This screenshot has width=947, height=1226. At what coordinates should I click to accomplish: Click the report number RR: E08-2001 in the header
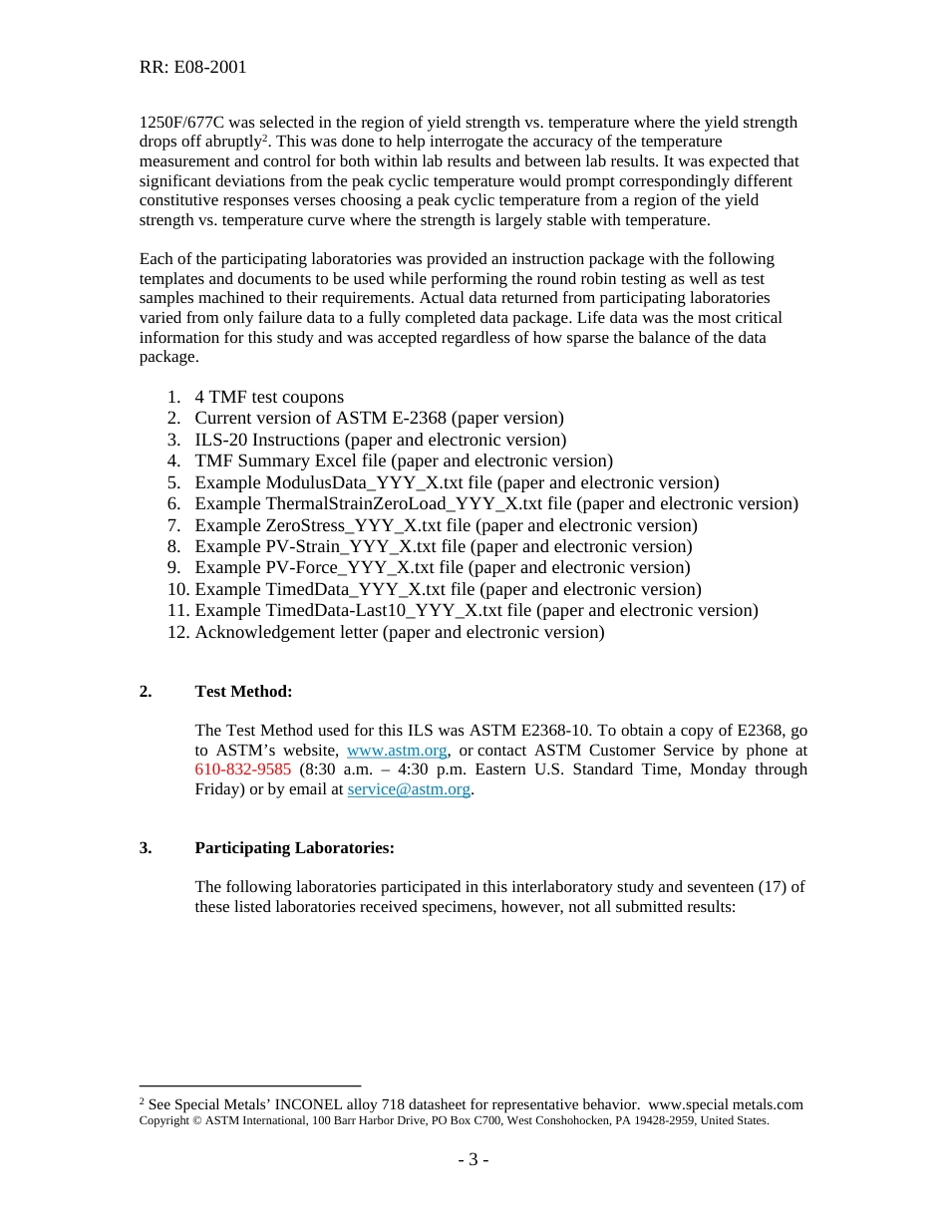click(x=192, y=68)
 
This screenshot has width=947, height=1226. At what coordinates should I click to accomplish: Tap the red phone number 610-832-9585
click(x=243, y=769)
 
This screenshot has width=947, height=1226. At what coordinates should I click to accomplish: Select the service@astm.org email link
click(x=409, y=789)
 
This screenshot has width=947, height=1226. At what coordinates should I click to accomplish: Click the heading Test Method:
click(x=243, y=692)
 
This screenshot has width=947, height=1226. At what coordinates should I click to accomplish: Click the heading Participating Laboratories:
click(x=294, y=848)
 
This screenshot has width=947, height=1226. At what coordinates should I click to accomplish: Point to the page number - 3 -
click(x=473, y=1159)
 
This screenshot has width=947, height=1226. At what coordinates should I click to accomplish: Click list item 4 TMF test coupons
click(x=269, y=397)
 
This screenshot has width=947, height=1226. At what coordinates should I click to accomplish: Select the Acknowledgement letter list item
click(x=399, y=632)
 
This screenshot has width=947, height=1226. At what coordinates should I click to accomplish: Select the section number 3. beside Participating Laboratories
click(x=146, y=848)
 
